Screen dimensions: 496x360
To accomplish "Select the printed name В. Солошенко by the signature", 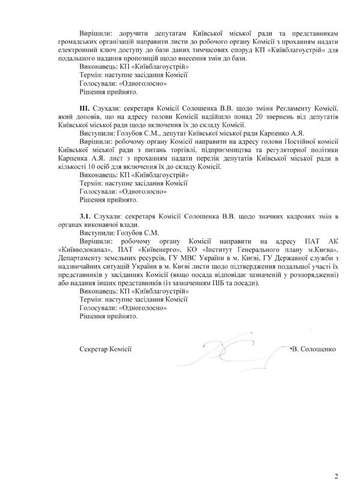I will point(313,348).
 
